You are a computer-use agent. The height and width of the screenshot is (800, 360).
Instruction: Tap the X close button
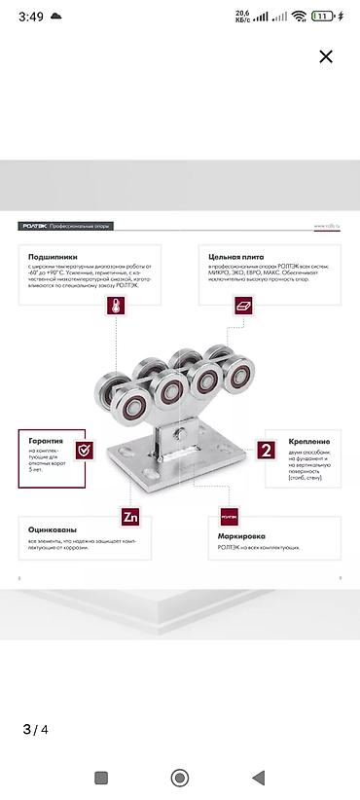326,56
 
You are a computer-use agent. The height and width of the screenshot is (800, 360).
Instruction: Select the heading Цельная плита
231,255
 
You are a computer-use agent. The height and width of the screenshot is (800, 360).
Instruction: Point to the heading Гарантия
46,441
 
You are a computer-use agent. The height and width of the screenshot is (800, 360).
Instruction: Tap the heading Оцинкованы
53,530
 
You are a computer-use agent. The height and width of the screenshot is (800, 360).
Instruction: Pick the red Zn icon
130,516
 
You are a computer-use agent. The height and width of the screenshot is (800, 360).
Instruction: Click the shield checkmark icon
85,449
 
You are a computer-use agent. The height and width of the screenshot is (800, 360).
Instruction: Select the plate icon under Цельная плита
243,306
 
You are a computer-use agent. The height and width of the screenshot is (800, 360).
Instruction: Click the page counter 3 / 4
35,729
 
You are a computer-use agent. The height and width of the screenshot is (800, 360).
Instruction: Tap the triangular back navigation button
258,778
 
